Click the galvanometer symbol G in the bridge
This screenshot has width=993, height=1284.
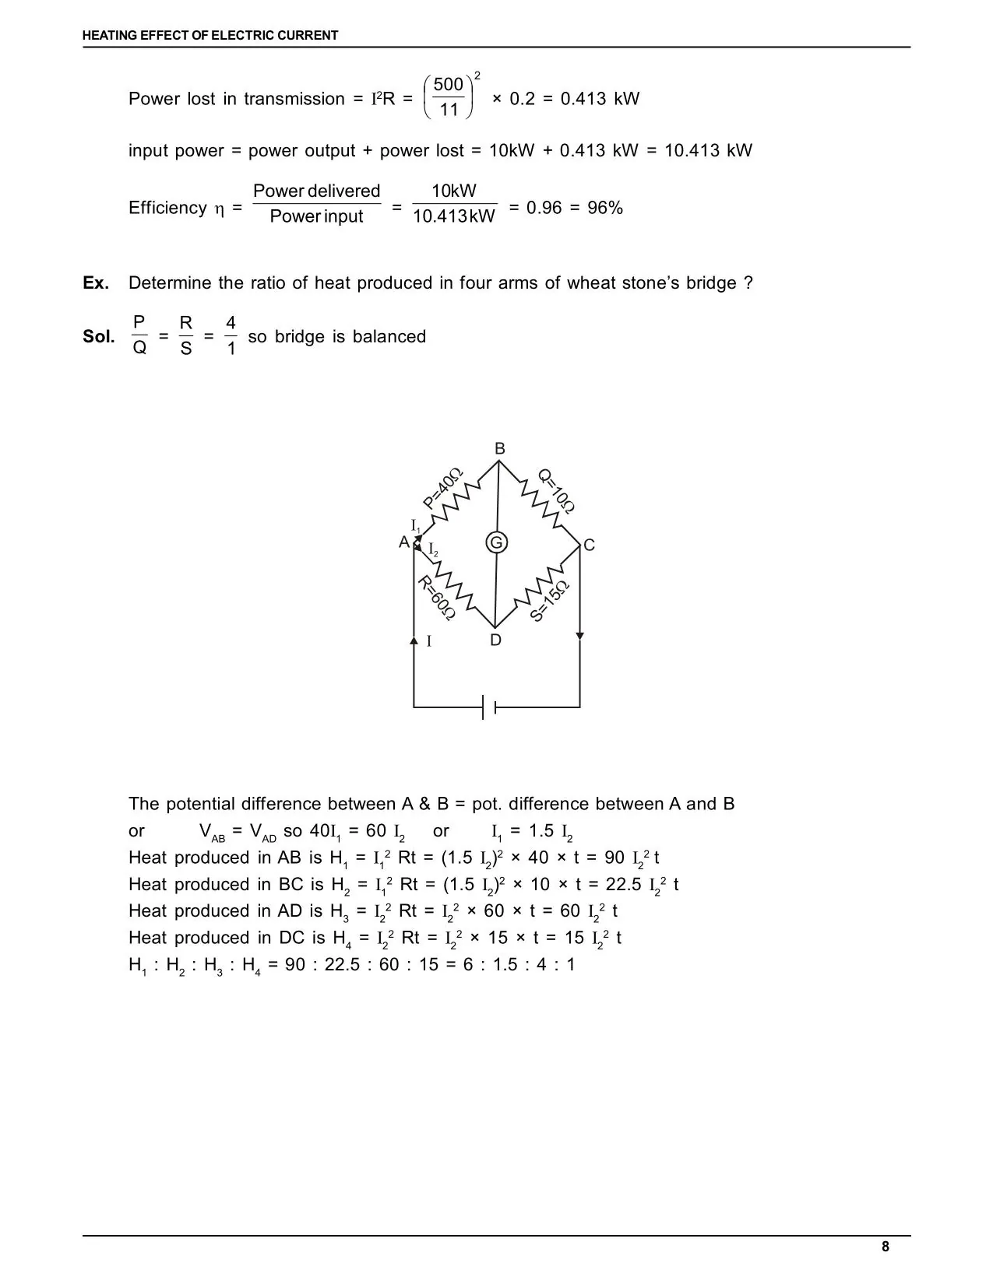click(x=496, y=542)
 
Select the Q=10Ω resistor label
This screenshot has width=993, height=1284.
click(x=557, y=491)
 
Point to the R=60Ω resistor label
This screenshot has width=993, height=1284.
click(x=436, y=598)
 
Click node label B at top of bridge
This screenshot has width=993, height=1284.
click(x=500, y=448)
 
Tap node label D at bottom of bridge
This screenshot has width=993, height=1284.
click(x=496, y=640)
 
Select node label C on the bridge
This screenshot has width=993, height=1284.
click(x=589, y=546)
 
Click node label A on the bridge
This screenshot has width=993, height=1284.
click(x=404, y=542)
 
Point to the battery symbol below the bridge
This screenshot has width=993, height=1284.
click(x=489, y=707)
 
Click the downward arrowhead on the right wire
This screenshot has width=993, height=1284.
click(x=579, y=637)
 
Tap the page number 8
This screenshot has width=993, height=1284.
click(x=885, y=1247)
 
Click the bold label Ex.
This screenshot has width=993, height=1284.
click(x=97, y=283)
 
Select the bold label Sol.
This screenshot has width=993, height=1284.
click(x=99, y=337)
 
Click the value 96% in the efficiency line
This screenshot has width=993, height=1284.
click(x=605, y=208)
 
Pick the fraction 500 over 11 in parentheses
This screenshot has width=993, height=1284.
click(x=449, y=96)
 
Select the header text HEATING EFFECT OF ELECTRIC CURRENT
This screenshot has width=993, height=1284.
click(x=210, y=35)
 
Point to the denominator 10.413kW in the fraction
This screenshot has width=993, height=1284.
click(x=453, y=216)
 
